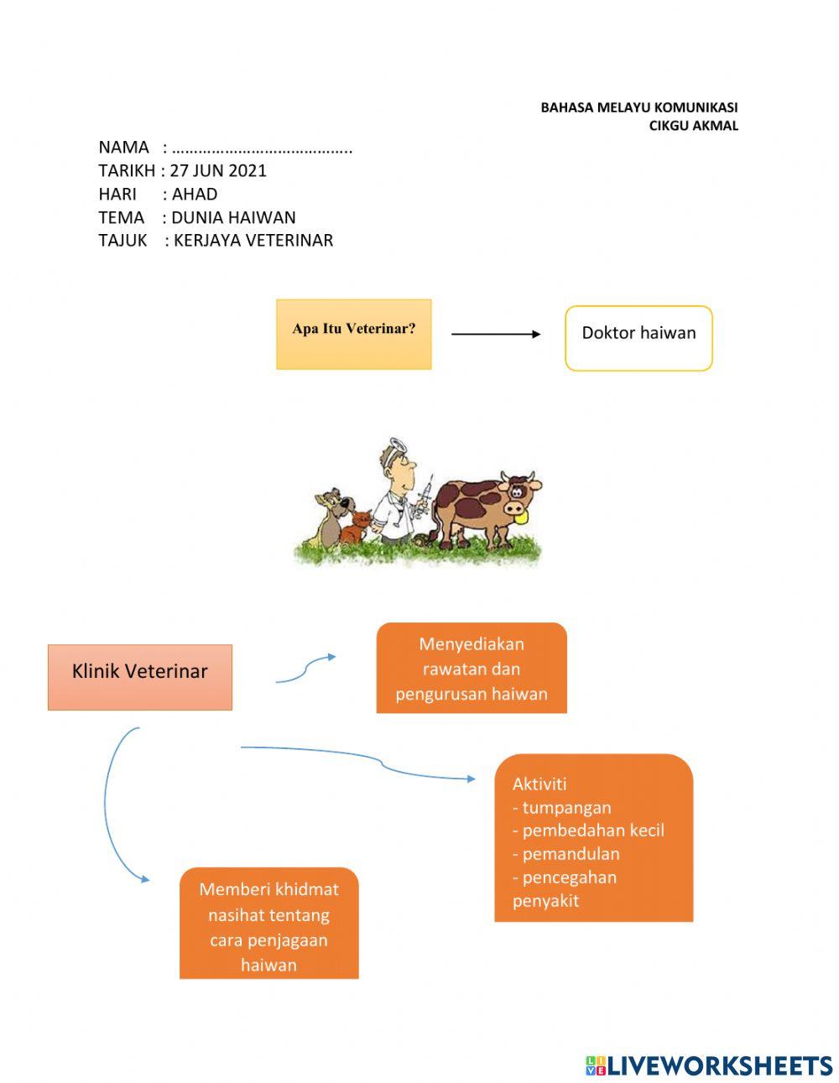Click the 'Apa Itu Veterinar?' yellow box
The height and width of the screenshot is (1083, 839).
tap(353, 334)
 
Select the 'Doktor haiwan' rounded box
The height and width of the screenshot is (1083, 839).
tap(638, 337)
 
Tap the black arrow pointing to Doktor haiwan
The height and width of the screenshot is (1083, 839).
tap(496, 334)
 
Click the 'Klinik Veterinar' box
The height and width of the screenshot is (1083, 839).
tap(139, 676)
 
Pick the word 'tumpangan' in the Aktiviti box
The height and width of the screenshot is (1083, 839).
tap(566, 808)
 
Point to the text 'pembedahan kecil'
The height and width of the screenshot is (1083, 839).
tap(592, 830)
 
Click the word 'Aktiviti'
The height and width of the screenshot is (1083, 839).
tap(539, 784)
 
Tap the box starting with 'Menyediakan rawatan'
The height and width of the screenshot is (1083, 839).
tap(471, 669)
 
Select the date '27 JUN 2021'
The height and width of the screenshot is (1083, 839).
tap(218, 170)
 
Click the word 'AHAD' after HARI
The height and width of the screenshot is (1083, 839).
tap(195, 194)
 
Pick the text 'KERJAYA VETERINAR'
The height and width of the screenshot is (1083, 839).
tap(253, 241)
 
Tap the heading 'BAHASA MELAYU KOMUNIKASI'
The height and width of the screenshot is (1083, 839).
tap(638, 107)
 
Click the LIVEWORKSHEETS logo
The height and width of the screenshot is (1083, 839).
tap(709, 1065)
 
